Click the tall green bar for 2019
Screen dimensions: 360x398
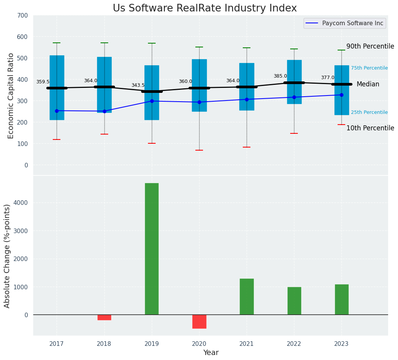[x=152, y=248]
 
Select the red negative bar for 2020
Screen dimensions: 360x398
[x=199, y=321]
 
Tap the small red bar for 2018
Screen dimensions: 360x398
[x=104, y=317]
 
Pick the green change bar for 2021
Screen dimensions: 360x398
[x=247, y=297]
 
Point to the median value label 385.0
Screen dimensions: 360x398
[x=280, y=76]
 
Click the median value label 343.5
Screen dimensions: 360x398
[x=138, y=85]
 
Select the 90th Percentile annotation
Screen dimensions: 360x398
[x=370, y=46]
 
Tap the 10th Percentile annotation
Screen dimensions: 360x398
[x=370, y=128]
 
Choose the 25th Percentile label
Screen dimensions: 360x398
[x=369, y=112]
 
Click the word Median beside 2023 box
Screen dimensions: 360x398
[x=368, y=84]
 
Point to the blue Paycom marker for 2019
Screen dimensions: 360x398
[x=152, y=101]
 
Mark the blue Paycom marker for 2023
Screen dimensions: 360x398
[x=341, y=95]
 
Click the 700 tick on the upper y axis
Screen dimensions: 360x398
[x=23, y=15]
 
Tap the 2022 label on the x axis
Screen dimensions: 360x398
[x=294, y=344]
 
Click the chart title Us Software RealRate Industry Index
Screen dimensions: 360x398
[x=205, y=8]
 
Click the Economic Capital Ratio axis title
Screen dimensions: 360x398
[x=11, y=96]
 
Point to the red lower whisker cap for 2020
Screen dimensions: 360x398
[x=199, y=150]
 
